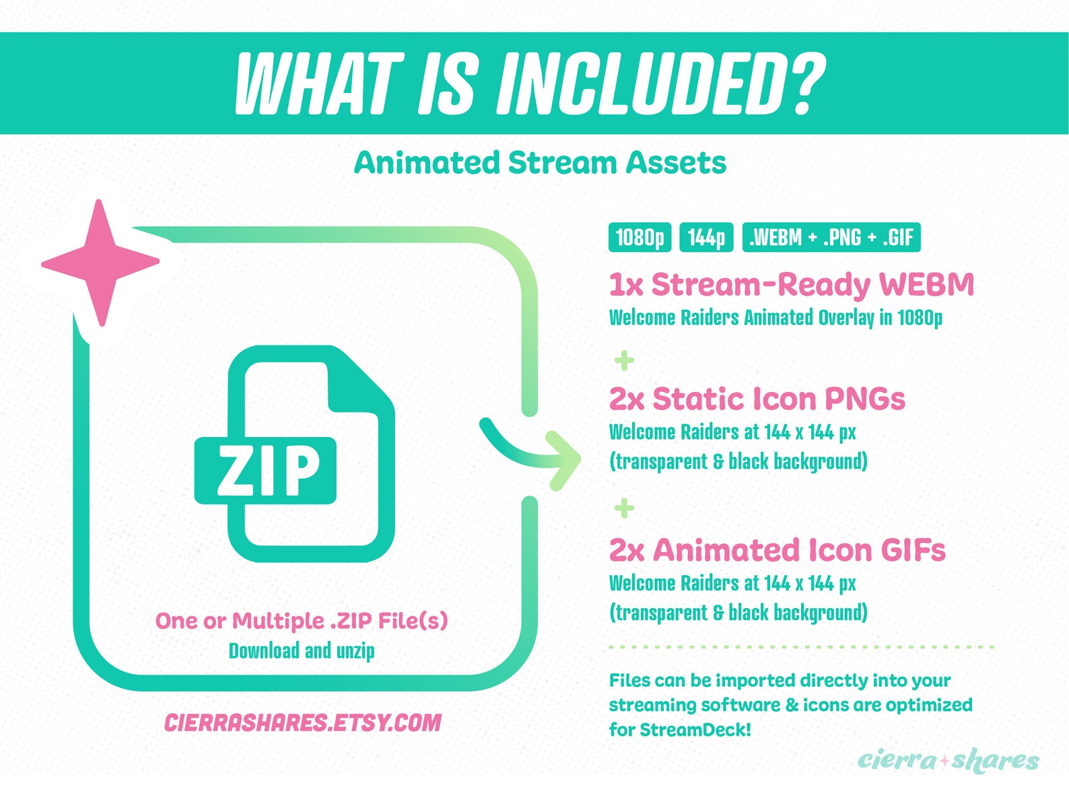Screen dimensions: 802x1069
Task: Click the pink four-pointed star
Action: (x=100, y=263)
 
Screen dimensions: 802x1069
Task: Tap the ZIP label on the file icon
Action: (x=265, y=470)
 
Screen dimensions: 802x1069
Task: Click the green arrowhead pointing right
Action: (x=562, y=461)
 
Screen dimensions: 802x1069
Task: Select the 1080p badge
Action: (x=639, y=238)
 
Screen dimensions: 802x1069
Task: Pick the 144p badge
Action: (x=706, y=238)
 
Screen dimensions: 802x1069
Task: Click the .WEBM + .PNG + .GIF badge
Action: (x=831, y=238)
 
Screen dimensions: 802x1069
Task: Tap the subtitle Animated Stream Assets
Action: (x=540, y=163)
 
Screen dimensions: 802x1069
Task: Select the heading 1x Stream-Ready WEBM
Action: (x=791, y=285)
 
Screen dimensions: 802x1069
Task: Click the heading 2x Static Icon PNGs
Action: (x=757, y=399)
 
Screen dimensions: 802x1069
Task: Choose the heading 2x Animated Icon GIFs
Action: (x=777, y=550)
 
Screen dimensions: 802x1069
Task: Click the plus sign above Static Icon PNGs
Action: (x=624, y=360)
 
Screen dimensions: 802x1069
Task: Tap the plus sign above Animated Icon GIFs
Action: (x=624, y=508)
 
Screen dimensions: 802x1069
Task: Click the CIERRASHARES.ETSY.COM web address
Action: (x=302, y=723)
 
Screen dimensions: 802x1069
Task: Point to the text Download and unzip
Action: (x=302, y=651)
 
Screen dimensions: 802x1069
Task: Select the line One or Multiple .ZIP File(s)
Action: (x=302, y=620)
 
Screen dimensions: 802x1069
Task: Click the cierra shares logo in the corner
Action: (x=948, y=760)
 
